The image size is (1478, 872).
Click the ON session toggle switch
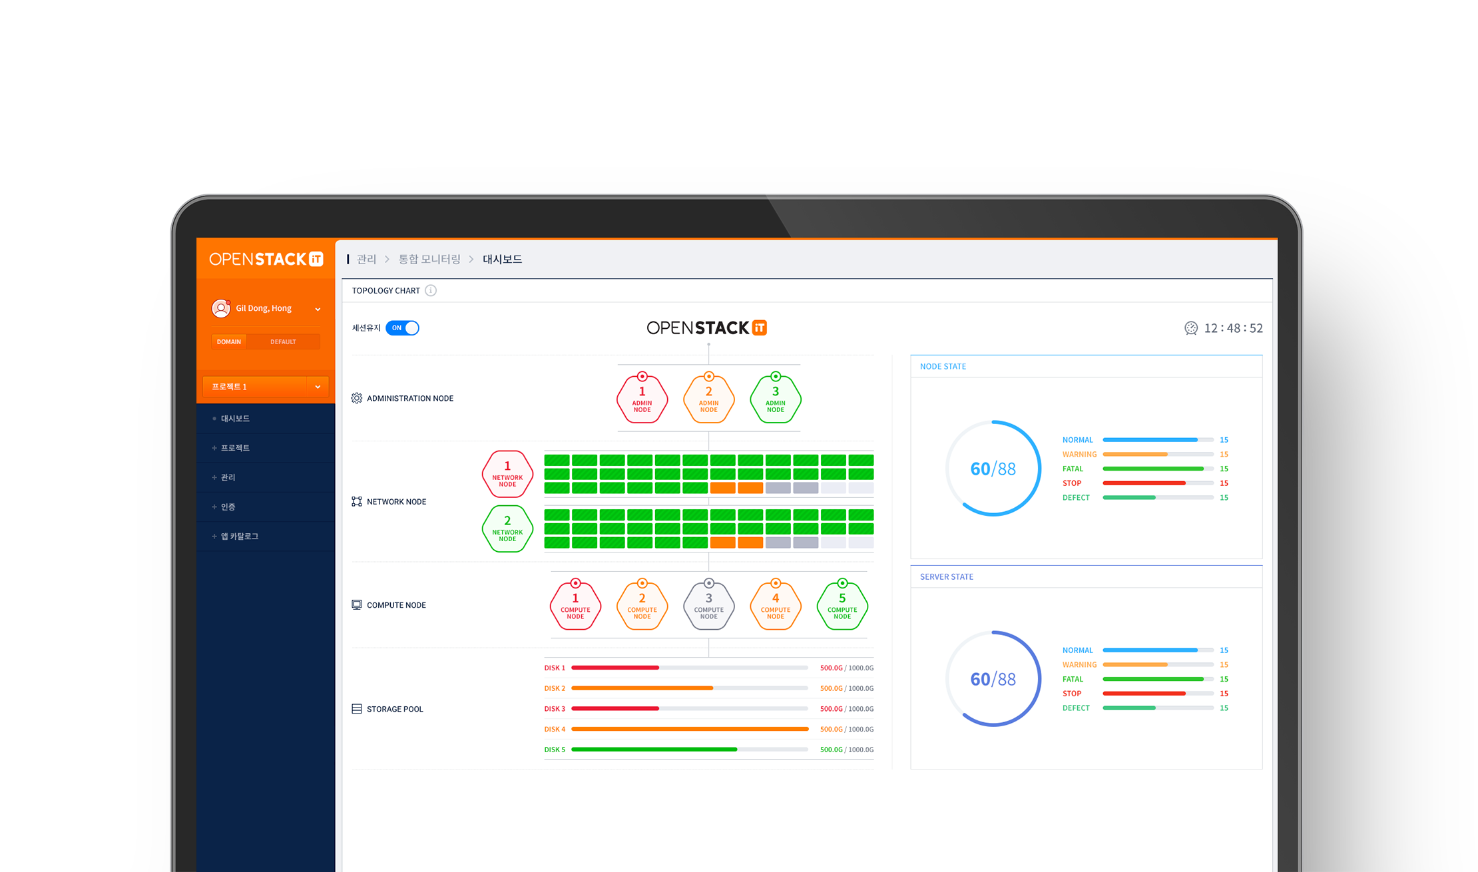click(402, 328)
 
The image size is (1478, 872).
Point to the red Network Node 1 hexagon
click(507, 474)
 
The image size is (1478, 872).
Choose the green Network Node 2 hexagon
click(507, 529)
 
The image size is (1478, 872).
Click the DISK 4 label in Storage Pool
click(555, 730)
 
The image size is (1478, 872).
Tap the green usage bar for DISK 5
click(654, 750)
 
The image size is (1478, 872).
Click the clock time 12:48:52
click(1233, 328)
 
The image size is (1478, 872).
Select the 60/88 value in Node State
click(993, 469)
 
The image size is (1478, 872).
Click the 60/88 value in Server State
click(993, 679)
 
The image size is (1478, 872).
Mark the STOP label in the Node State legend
click(1072, 483)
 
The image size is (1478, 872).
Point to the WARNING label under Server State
click(1079, 665)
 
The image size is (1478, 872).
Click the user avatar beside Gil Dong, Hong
click(221, 308)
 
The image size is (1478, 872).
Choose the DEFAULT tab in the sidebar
click(283, 342)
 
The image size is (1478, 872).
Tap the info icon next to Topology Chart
click(431, 291)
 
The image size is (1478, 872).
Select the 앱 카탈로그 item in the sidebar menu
click(240, 537)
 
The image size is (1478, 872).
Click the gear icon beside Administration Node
click(357, 398)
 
